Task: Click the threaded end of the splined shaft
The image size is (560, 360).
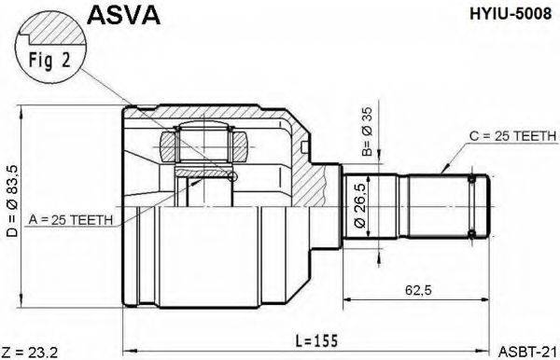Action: (x=478, y=208)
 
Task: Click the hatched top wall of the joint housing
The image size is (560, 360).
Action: (x=215, y=117)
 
